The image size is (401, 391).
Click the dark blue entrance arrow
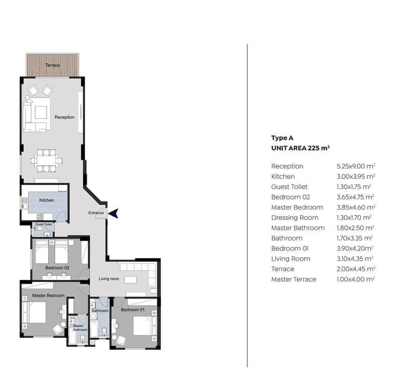[x=114, y=213]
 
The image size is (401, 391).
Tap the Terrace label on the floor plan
[x=52, y=65]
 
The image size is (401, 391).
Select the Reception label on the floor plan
[x=64, y=117]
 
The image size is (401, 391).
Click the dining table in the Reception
[x=46, y=160]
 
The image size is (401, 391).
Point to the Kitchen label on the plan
[x=47, y=200]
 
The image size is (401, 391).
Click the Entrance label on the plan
[x=96, y=213]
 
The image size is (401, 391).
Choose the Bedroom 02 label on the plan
[x=57, y=268]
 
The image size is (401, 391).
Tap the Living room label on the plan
[x=109, y=279]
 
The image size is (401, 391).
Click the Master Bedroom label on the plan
[x=48, y=296]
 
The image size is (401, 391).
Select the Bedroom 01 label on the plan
[x=132, y=310]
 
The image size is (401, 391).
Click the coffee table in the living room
[x=130, y=279]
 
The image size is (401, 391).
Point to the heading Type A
[x=283, y=138]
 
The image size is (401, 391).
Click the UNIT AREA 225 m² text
[x=301, y=148]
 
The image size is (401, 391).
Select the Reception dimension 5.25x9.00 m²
[x=356, y=166]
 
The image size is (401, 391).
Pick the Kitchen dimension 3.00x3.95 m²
[x=356, y=176]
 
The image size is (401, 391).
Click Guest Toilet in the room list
[x=290, y=186]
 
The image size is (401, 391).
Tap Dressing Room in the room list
[x=295, y=218]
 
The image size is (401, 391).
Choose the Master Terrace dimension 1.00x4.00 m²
[x=356, y=279]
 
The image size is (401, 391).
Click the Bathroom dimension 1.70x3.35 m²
[x=354, y=238]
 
